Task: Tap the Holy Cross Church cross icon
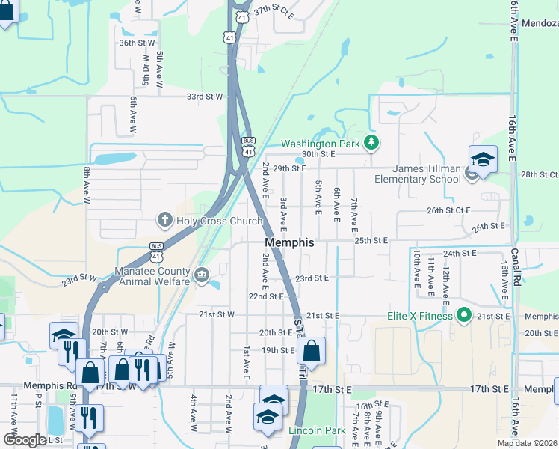point(164,220)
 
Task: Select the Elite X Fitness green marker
point(463,316)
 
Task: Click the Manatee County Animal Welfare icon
point(201,276)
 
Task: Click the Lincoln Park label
point(317,430)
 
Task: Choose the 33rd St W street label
point(205,97)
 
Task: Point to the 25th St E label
point(371,241)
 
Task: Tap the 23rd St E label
point(312,278)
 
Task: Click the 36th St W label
point(136,43)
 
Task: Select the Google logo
point(25,439)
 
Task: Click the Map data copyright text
point(527,443)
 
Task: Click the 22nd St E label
point(266,296)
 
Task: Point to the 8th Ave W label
point(87,182)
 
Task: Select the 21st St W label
point(216,315)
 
